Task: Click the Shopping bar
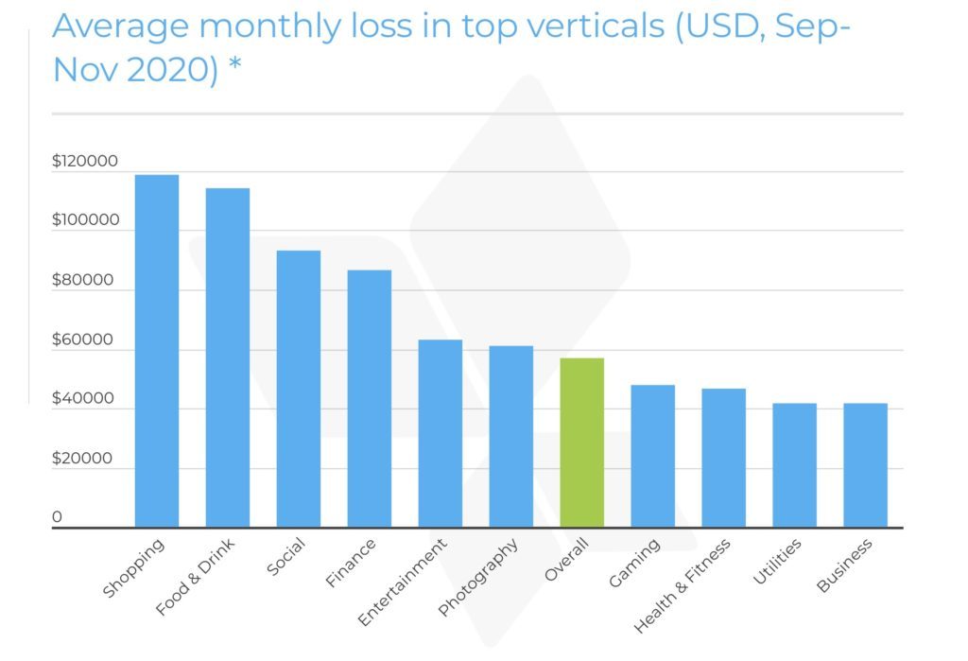(x=157, y=351)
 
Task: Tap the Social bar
(x=299, y=389)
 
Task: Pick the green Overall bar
(x=581, y=443)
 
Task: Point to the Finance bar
(x=369, y=398)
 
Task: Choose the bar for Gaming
(x=652, y=456)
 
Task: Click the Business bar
(x=865, y=465)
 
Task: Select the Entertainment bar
(x=440, y=433)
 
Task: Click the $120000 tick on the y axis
(x=85, y=162)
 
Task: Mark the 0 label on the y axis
(x=57, y=517)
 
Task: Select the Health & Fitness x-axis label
(x=683, y=586)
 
